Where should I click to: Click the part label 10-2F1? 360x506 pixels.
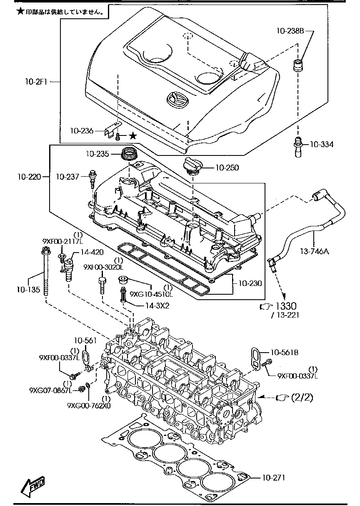click(x=37, y=83)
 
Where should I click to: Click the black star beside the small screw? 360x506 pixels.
click(x=132, y=135)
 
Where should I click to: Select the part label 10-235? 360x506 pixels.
click(x=98, y=154)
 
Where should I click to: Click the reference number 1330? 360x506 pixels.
click(x=288, y=307)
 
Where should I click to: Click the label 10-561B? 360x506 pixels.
click(x=284, y=352)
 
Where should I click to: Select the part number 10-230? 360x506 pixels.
click(x=250, y=283)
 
